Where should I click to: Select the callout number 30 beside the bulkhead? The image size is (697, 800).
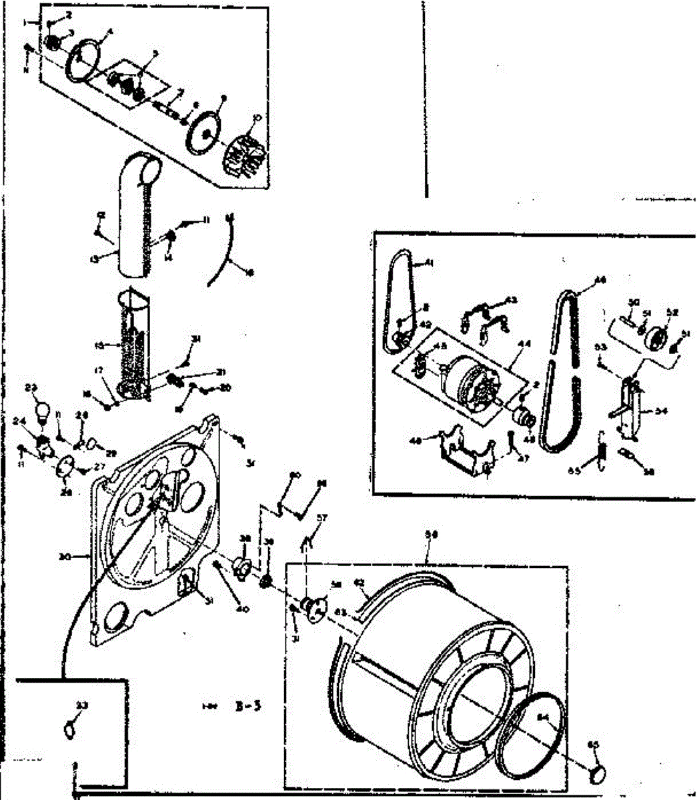[83, 554]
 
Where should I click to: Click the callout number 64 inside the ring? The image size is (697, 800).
[542, 718]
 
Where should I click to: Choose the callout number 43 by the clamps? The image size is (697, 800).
[511, 300]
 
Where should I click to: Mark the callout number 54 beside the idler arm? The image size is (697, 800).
[661, 411]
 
